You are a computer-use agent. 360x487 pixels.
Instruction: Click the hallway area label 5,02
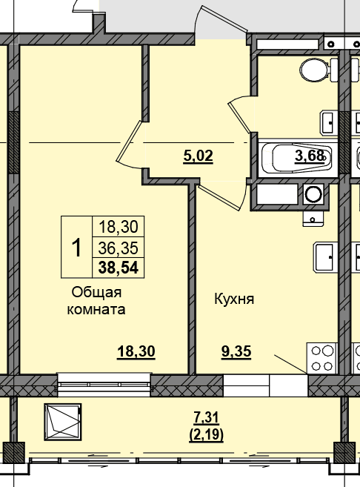pos(199,156)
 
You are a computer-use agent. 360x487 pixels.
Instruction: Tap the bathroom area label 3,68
pos(310,156)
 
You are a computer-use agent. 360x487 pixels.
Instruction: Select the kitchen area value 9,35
pos(236,352)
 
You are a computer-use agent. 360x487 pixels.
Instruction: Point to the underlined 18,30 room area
pos(136,352)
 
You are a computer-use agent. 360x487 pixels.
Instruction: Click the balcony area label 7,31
pos(207,418)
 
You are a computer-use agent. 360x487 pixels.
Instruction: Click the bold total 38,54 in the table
pos(119,268)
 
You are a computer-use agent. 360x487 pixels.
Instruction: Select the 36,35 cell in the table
pos(119,248)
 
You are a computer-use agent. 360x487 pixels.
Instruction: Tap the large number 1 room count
pos(76,248)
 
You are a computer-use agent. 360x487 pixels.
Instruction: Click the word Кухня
pos(234,299)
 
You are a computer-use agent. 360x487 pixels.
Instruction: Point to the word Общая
pos(96,293)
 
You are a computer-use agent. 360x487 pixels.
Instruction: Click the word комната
pos(96,310)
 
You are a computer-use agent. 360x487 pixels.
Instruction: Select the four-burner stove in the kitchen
pos(321,358)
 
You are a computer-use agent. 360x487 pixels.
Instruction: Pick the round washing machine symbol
pos(313,194)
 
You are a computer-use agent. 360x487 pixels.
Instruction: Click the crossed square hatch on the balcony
pos(63,422)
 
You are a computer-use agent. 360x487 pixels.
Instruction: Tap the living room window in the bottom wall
pos(104,385)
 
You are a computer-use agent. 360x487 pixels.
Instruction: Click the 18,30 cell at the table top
pos(119,227)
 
